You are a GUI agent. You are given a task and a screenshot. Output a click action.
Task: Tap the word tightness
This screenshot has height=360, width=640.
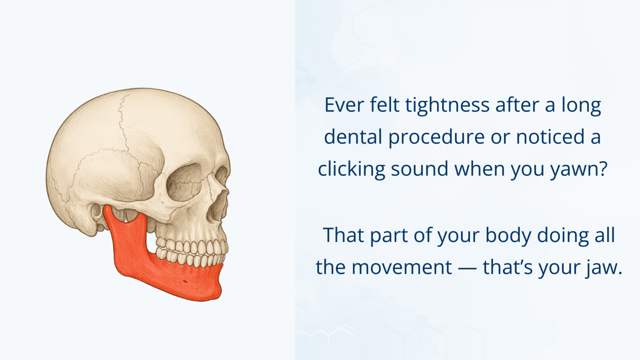tap(447, 105)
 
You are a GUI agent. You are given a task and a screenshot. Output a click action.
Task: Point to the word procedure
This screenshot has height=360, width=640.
tap(436, 137)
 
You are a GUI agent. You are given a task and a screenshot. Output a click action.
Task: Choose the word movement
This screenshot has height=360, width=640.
tap(401, 268)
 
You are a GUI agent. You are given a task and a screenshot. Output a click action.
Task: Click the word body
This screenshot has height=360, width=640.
tap(508, 236)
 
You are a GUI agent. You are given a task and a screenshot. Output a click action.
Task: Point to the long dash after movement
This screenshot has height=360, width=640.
tap(467, 268)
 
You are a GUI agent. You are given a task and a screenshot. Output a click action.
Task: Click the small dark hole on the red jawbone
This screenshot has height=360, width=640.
tap(185, 282)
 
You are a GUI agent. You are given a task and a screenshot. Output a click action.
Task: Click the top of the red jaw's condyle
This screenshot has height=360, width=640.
tap(107, 207)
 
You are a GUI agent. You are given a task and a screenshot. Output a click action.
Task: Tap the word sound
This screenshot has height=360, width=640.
tap(420, 169)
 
